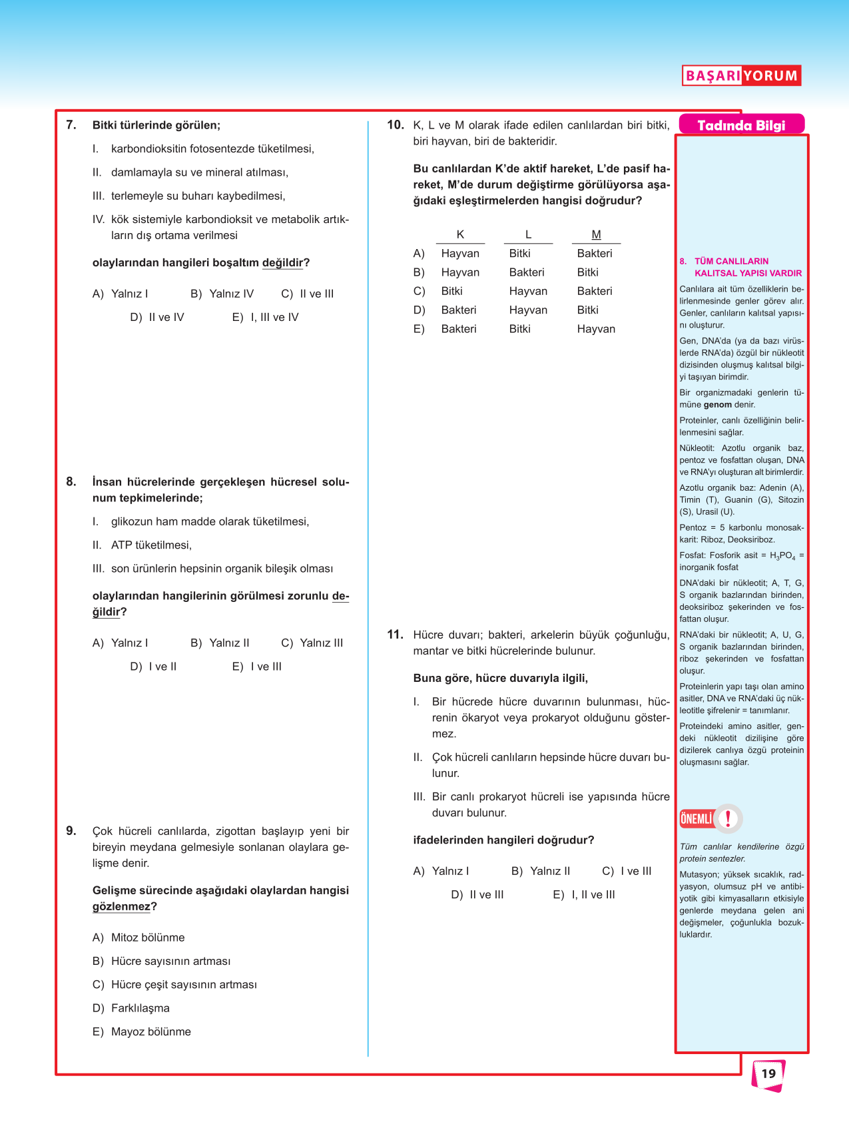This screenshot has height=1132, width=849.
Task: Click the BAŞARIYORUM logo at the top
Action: click(x=741, y=75)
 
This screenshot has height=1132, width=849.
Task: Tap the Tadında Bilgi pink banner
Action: click(x=741, y=125)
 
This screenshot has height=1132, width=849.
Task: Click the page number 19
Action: click(x=768, y=1073)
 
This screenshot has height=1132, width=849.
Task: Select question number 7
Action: click(x=71, y=125)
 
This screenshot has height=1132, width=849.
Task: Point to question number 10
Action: click(x=395, y=125)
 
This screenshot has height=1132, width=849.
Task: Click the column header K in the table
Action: click(x=460, y=234)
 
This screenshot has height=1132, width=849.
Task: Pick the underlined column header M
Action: click(x=596, y=234)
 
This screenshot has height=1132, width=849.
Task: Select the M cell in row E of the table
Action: click(x=596, y=329)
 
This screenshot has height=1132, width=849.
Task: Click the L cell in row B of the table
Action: click(x=527, y=272)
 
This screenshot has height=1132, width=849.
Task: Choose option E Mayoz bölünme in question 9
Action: click(x=142, y=1031)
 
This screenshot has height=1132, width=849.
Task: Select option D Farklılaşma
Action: click(x=131, y=1008)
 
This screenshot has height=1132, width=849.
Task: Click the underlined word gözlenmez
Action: click(x=121, y=907)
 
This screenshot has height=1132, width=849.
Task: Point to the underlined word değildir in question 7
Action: click(x=282, y=263)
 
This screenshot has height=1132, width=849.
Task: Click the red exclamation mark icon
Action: click(x=728, y=818)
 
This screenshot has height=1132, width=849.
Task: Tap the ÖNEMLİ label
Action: click(x=697, y=818)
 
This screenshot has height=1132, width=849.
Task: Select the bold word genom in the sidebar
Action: click(x=718, y=405)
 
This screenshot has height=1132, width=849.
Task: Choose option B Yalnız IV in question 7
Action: click(x=222, y=294)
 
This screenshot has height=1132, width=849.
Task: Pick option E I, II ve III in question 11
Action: click(x=584, y=895)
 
